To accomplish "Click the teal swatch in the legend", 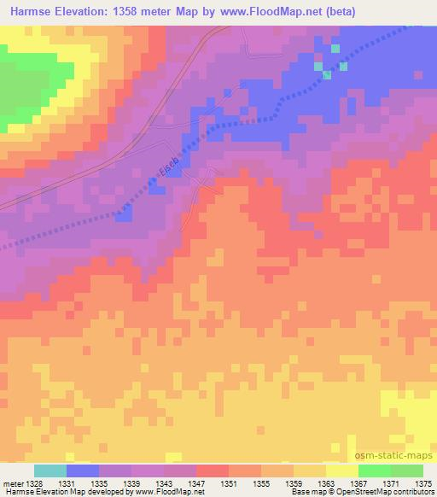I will point(50,471).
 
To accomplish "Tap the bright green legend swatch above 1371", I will point(374,471).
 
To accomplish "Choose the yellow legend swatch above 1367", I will point(341,471).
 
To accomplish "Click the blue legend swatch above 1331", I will point(83,471).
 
